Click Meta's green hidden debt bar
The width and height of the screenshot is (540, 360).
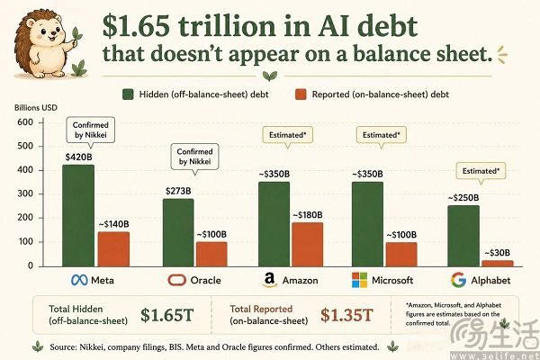[78, 216]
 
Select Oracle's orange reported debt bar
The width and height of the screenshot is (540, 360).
[211, 254]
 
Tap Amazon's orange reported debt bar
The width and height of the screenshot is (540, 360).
[308, 245]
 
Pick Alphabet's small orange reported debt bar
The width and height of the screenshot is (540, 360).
[498, 264]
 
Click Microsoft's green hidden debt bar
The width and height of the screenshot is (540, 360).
[367, 224]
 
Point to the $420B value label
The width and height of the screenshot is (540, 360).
[79, 157]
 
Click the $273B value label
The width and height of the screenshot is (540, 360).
[178, 191]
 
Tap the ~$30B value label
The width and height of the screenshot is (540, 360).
[498, 253]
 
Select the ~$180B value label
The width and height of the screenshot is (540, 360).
[308, 215]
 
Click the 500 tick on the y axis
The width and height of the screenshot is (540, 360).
[25, 146]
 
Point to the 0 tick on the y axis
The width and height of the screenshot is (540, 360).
[31, 266]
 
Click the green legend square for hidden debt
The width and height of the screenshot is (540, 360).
[128, 94]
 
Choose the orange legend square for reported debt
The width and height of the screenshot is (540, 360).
[301, 94]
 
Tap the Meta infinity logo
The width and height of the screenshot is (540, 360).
[79, 280]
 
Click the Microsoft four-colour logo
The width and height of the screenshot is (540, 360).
[359, 280]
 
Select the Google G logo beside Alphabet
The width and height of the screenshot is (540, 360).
[458, 280]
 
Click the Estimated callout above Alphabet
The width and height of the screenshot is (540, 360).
[481, 171]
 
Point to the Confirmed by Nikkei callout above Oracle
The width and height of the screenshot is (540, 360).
[195, 157]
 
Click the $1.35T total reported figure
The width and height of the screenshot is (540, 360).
[346, 315]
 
